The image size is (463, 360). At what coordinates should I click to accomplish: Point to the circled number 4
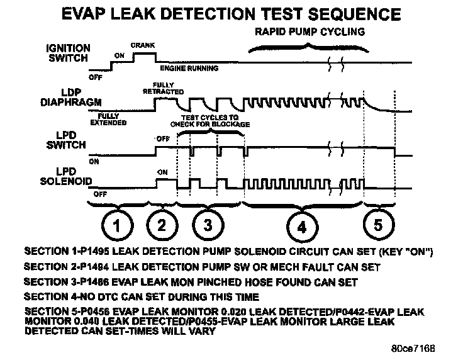[301, 226]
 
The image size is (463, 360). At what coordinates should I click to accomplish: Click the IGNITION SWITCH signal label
[69, 53]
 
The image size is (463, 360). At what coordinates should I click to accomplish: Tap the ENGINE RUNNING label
[189, 67]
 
